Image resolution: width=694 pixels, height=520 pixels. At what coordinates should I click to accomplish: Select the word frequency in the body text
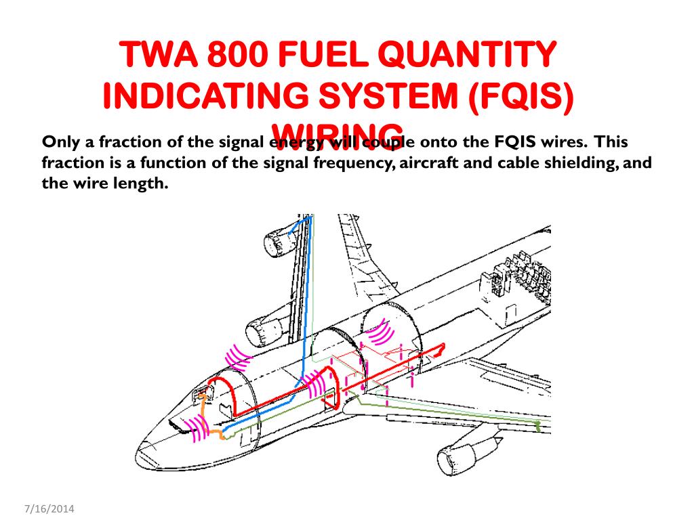pos(348,163)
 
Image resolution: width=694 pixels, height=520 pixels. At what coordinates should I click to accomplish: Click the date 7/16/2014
pos(49,508)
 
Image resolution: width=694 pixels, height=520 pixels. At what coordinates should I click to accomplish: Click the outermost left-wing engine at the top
pos(277,239)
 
